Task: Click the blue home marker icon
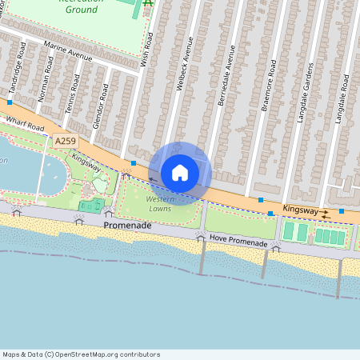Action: (x=180, y=172)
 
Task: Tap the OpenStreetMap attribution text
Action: (x=81, y=354)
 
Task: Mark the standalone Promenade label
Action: (x=127, y=226)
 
